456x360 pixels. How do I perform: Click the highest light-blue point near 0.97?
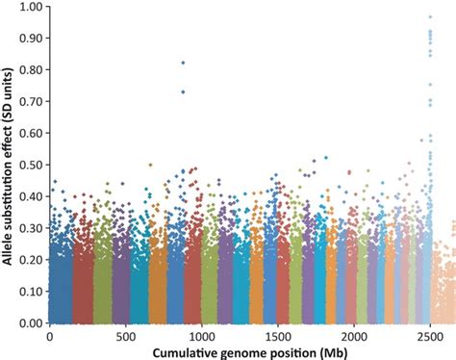[429, 17]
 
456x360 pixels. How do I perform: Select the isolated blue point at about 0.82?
[183, 63]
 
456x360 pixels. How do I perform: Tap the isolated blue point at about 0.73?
[183, 91]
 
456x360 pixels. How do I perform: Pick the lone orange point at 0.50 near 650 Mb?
[149, 165]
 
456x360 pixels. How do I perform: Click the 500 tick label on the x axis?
[125, 337]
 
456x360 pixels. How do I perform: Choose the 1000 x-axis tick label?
[201, 337]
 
